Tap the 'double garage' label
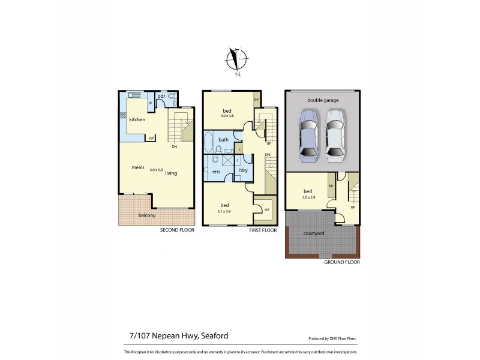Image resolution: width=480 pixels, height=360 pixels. click(323, 100)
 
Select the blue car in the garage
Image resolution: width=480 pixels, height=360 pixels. click(308, 136)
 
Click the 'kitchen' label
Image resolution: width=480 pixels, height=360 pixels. click(137, 120)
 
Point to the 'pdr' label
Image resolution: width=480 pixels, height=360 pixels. click(161, 96)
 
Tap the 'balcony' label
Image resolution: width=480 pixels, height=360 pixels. click(147, 215)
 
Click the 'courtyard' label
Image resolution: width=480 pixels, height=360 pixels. click(314, 233)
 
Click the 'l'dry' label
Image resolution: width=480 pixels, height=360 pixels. click(244, 171)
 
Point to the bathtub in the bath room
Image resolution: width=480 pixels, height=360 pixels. click(208, 143)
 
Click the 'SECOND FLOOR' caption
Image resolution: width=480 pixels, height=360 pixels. click(177, 230)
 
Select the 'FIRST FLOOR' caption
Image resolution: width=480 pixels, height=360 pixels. click(263, 230)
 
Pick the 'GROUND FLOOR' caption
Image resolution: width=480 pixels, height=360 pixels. click(341, 262)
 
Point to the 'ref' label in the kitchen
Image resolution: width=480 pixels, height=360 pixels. click(152, 138)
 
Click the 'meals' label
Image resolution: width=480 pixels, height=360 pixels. click(139, 167)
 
